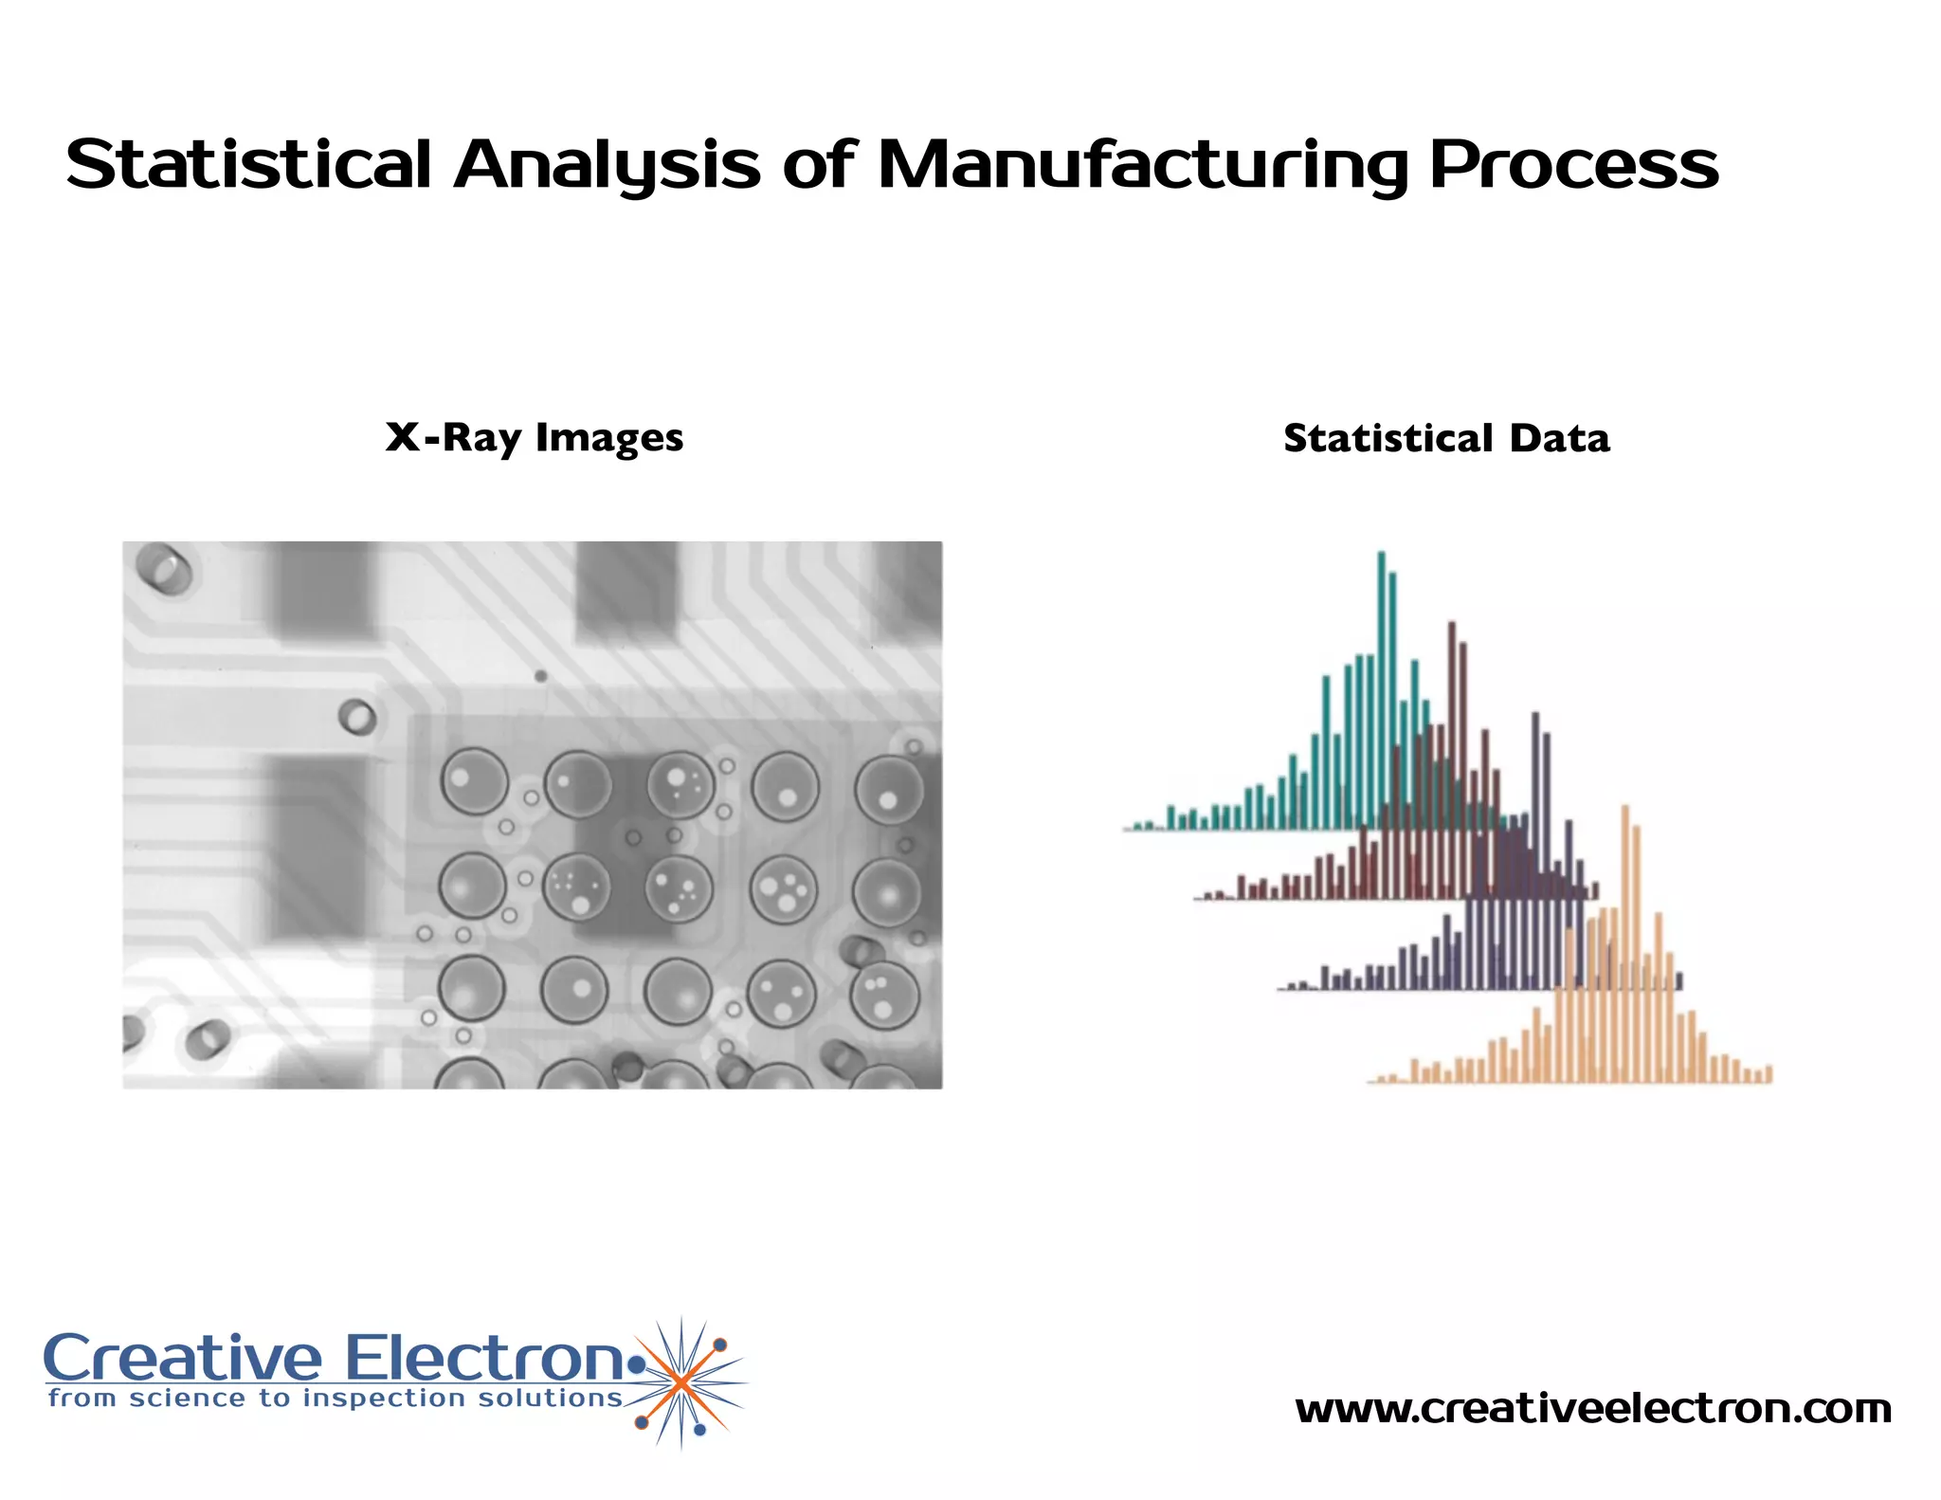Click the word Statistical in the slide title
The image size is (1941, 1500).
[249, 165]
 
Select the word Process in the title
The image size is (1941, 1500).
[1573, 165]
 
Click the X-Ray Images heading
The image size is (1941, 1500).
[535, 438]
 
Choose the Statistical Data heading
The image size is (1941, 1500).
[1446, 438]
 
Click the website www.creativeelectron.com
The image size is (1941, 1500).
[1593, 1409]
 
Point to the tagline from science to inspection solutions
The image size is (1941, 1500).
[336, 1399]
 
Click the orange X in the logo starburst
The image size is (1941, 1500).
[680, 1383]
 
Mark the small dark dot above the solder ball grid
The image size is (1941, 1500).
[540, 676]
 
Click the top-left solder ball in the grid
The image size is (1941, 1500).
[473, 781]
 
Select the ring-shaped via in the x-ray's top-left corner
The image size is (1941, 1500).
[163, 567]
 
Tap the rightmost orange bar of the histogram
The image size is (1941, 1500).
[1769, 1074]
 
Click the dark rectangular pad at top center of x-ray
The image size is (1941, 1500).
[626, 590]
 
